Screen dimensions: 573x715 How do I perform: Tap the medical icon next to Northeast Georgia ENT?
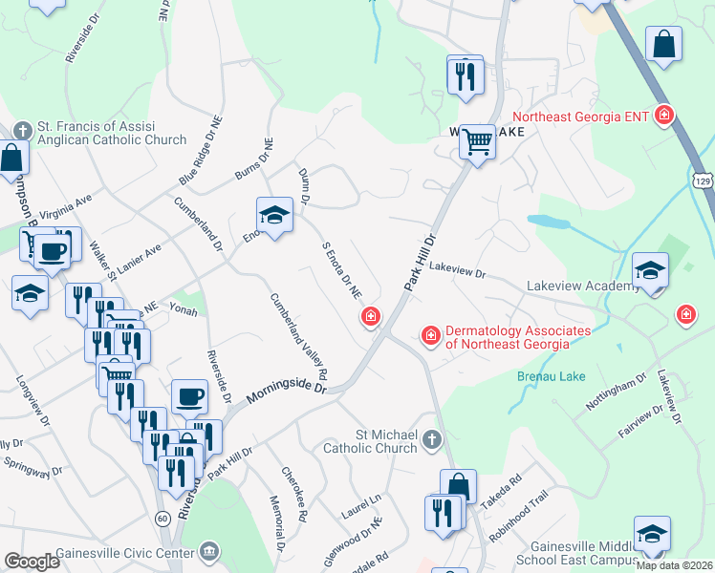click(x=665, y=117)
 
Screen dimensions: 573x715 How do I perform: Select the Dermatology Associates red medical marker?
click(x=431, y=335)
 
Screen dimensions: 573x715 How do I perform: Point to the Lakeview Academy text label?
click(x=583, y=286)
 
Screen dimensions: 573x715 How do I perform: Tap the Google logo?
click(x=32, y=562)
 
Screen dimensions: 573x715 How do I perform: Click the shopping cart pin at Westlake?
click(x=477, y=142)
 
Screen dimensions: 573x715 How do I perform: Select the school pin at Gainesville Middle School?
click(x=652, y=534)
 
